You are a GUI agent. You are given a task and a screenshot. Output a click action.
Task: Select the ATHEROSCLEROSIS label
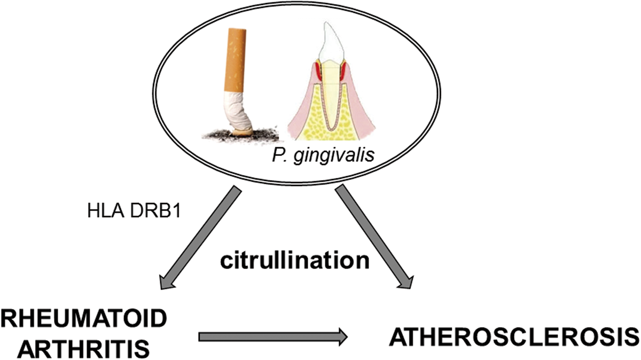click(x=513, y=338)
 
